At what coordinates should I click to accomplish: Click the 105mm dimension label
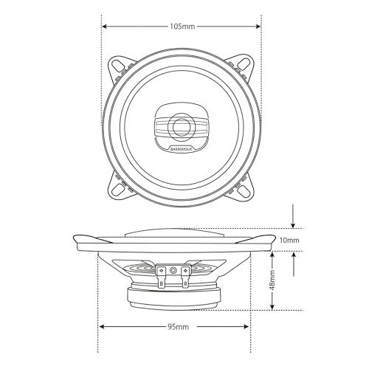tap(182, 27)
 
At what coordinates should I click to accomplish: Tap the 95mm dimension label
tap(179, 327)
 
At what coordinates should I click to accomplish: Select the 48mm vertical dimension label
tap(272, 280)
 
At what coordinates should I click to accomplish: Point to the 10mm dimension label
tap(289, 240)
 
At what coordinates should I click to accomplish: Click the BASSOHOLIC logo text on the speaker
tap(182, 148)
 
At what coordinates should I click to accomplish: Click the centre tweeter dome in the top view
tap(182, 127)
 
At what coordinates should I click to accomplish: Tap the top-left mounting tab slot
tap(118, 66)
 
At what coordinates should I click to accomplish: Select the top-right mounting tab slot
tap(244, 66)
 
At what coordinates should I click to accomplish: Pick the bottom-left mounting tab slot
tap(118, 190)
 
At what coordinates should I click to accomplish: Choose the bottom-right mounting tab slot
tap(244, 190)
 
